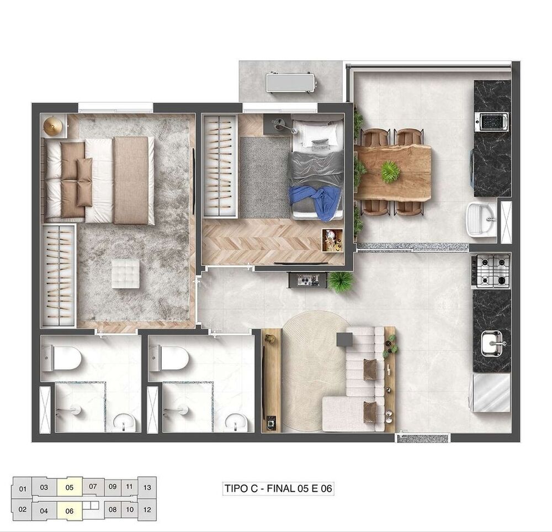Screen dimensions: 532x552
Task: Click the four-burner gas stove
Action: click(492, 271)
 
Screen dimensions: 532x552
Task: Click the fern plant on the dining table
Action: click(390, 171)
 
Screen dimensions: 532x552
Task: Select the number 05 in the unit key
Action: click(69, 487)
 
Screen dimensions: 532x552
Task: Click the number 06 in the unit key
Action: click(69, 510)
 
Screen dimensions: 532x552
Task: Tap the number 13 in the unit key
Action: click(147, 487)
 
